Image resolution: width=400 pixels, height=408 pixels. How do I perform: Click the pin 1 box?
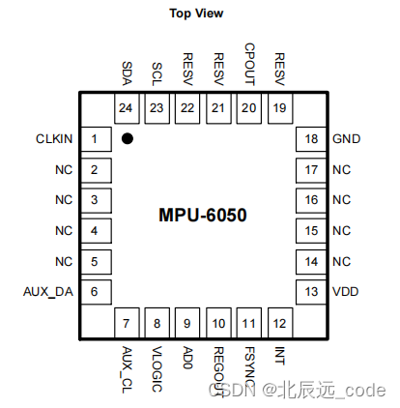(94, 140)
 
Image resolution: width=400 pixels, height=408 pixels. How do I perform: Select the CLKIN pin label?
(54, 140)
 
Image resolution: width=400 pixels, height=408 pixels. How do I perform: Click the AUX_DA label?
(47, 291)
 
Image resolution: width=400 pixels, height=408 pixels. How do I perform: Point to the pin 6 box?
(94, 291)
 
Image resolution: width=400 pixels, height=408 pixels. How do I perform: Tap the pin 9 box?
(186, 323)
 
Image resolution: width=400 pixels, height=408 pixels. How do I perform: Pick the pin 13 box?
(310, 291)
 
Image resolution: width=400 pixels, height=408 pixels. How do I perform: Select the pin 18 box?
(310, 140)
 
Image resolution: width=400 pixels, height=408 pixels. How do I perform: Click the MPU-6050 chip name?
(203, 215)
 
